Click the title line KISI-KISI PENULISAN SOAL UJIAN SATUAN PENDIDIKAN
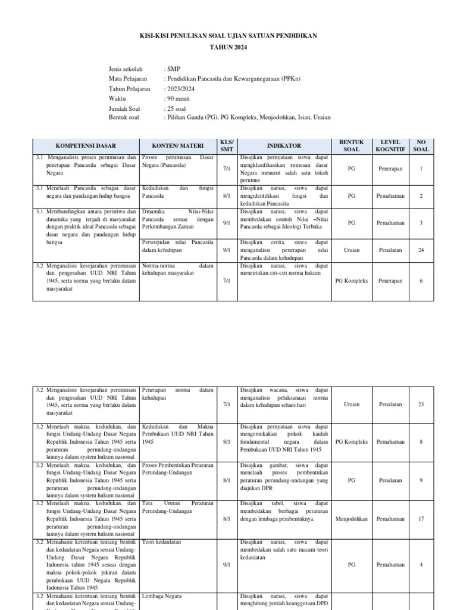click(228, 36)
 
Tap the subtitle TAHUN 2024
click(228, 47)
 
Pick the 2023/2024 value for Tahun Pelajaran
click(179, 89)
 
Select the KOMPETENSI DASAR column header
click(86, 145)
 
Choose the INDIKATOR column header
click(284, 145)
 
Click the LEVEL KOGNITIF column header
click(390, 145)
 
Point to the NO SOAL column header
click(421, 145)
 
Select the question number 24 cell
click(421, 250)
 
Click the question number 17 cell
click(421, 519)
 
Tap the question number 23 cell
click(421, 404)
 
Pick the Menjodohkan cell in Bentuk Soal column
click(352, 519)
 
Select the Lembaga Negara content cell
click(162, 596)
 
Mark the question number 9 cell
click(421, 480)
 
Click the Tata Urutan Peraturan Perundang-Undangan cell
click(177, 507)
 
